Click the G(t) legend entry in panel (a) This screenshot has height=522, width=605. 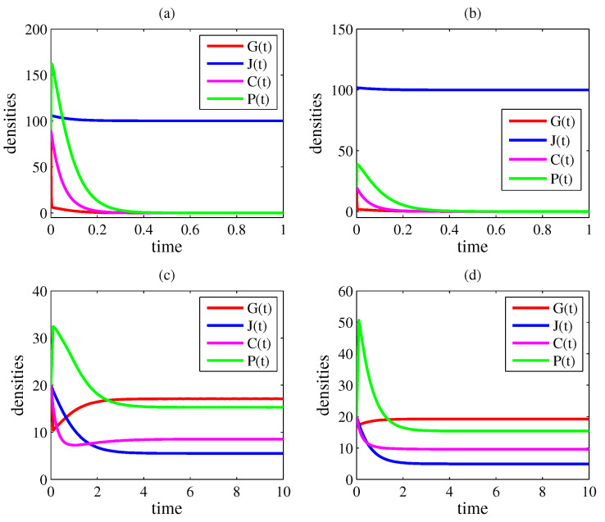(x=239, y=46)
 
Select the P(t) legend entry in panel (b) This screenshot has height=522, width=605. (x=541, y=179)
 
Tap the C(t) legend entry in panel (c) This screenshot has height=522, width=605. (x=239, y=343)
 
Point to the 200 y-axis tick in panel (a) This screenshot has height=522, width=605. (x=36, y=30)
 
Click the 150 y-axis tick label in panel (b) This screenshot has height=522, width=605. (x=342, y=30)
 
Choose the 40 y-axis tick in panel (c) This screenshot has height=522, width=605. (x=39, y=291)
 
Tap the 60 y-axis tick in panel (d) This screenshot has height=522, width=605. (x=346, y=291)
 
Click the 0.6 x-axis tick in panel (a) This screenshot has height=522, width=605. (x=190, y=230)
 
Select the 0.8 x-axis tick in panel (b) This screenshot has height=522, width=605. (x=543, y=230)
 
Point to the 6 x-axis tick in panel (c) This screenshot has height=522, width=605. (x=190, y=492)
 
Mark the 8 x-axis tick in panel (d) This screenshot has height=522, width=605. (x=543, y=492)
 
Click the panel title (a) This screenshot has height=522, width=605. (x=166, y=14)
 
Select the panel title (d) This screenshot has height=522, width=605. (x=473, y=275)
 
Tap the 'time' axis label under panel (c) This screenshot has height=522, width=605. (x=166, y=509)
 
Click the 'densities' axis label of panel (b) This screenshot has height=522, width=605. (x=316, y=124)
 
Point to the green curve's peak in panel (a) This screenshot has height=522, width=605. (x=52, y=64)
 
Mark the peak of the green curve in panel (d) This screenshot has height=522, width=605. (x=359, y=320)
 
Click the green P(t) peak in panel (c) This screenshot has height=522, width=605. (x=53, y=326)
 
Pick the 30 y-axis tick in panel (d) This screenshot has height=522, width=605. (x=346, y=385)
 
